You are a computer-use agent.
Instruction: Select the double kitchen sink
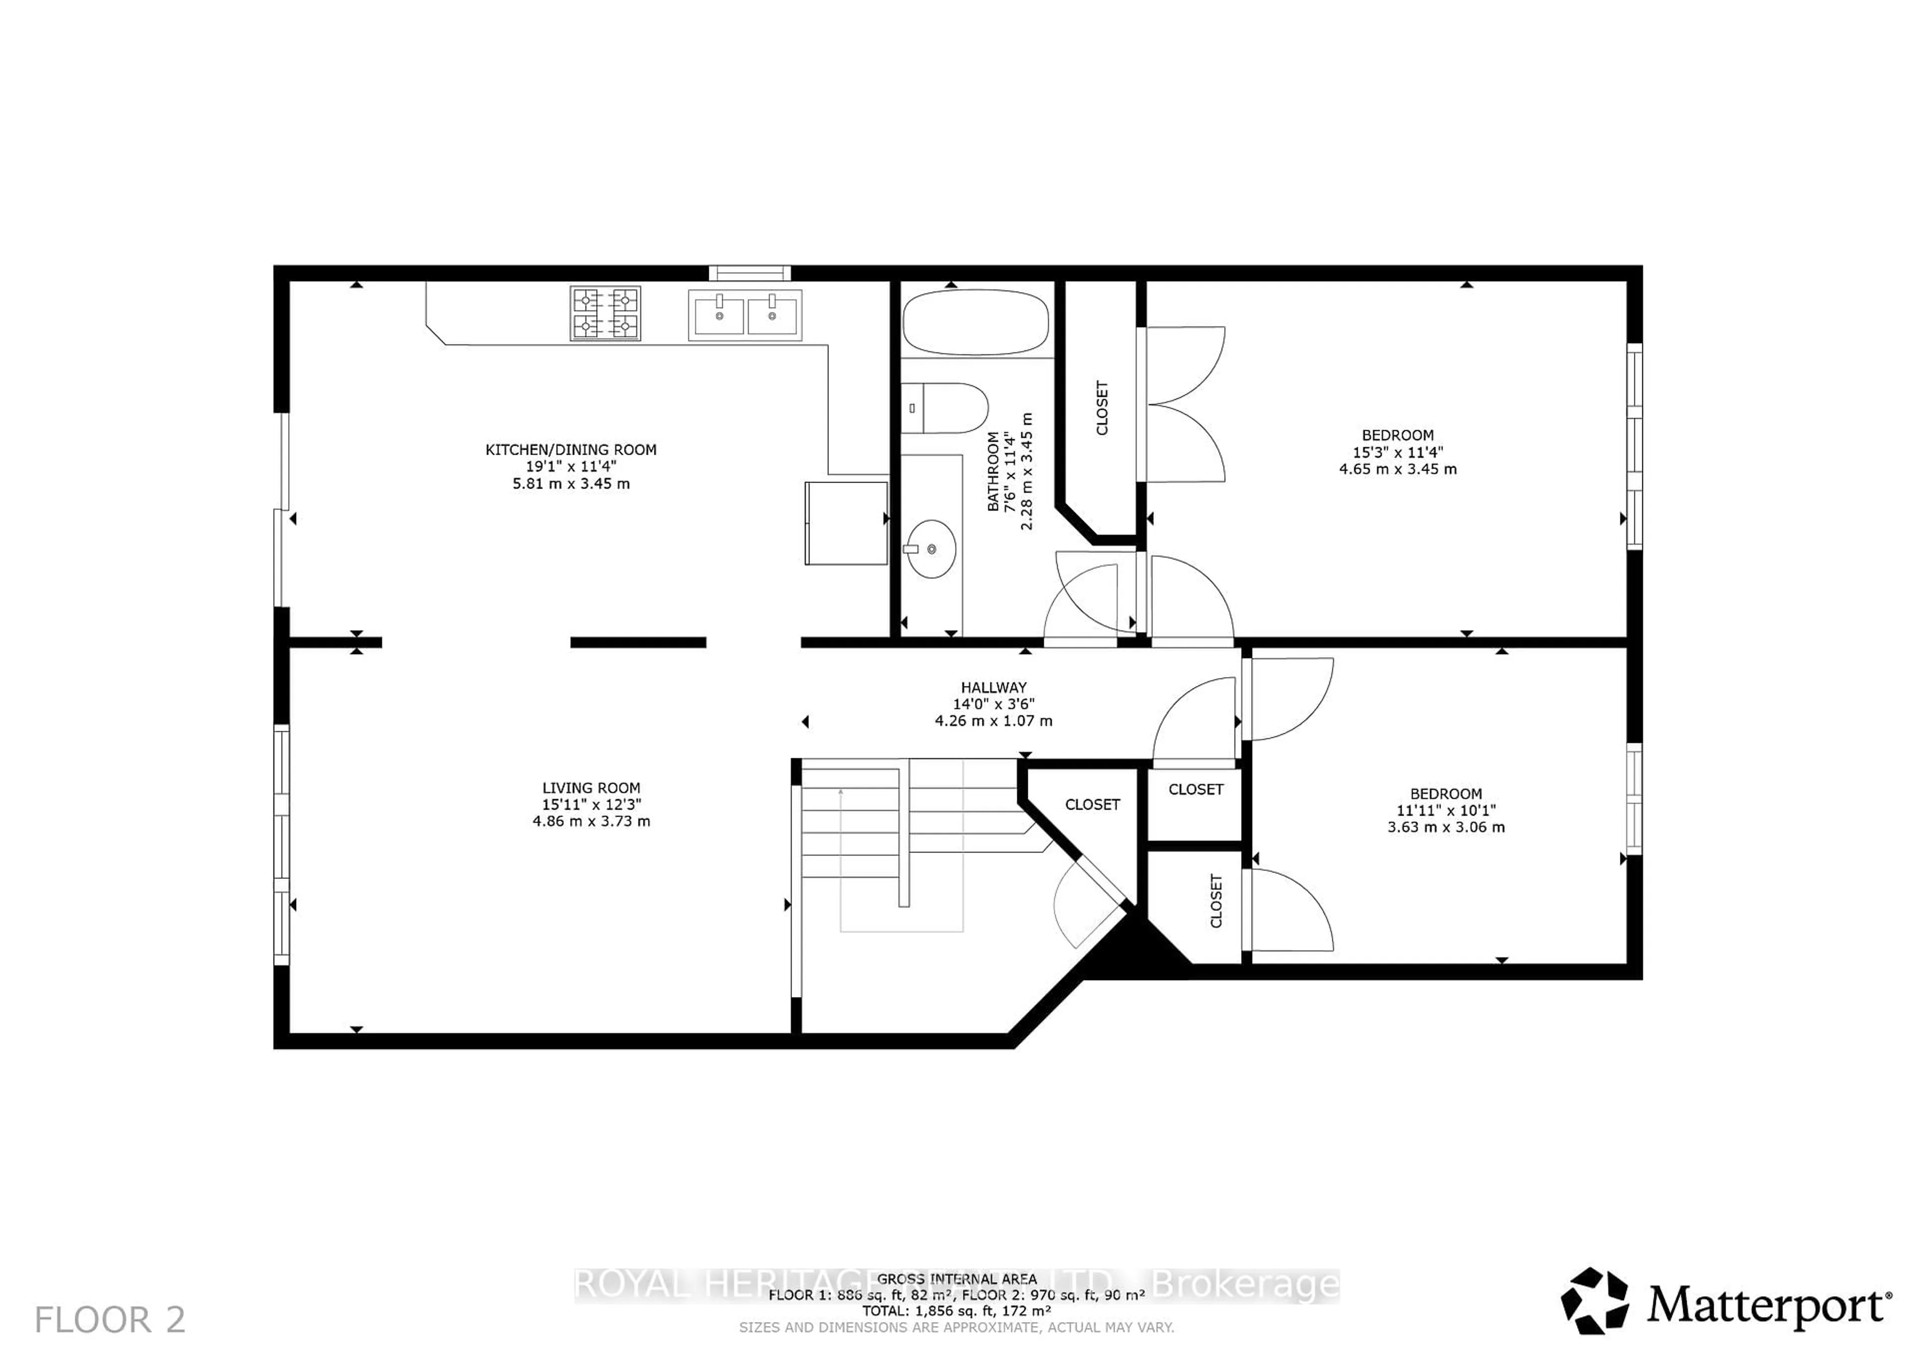pos(745,315)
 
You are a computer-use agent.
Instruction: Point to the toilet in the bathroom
pos(946,408)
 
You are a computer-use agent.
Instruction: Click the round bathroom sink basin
pos(931,548)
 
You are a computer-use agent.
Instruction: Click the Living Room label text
pos(591,788)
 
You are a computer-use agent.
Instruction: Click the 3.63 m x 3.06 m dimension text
pos(1445,827)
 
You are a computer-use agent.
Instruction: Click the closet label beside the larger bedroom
pos(1102,408)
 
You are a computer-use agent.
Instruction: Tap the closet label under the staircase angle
pos(1092,805)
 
